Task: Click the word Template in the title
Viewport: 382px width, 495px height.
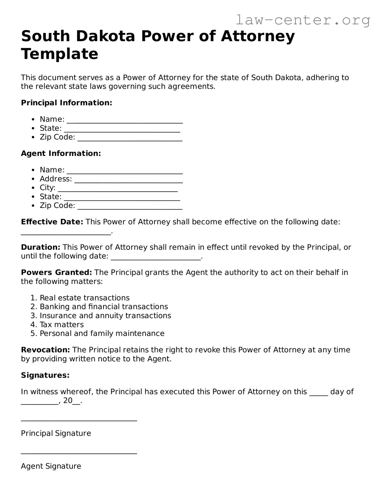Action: pos(60,54)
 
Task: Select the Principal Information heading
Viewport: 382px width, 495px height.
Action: pos(66,103)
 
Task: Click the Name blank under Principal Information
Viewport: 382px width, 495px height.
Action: pos(124,120)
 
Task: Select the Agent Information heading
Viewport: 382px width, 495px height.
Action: pos(61,153)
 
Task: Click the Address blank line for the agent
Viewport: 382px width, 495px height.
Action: pos(128,180)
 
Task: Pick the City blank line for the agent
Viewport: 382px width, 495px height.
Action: pos(118,189)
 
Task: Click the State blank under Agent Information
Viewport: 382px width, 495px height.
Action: pos(122,198)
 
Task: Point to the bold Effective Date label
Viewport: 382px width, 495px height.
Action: pos(52,222)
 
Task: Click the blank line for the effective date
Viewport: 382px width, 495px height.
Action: pos(66,232)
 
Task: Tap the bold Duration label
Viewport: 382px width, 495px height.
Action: pos(40,247)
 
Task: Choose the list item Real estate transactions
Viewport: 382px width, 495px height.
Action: pos(85,298)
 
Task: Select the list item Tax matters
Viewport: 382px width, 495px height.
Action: pos(62,324)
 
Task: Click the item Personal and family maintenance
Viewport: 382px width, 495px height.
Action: pos(102,333)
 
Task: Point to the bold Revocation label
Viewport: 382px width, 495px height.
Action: pos(46,350)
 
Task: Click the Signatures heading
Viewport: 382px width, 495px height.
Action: pos(45,375)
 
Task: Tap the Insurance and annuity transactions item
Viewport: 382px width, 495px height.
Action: pos(106,315)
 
